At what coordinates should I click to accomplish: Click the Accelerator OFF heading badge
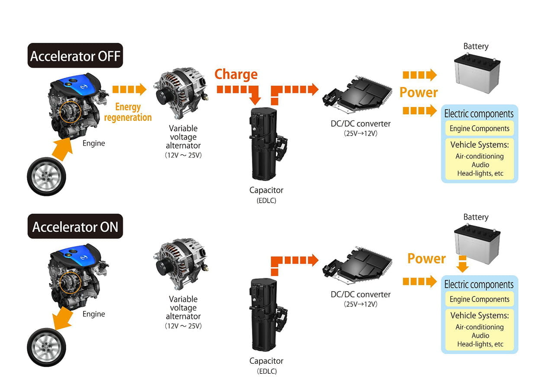[75, 56]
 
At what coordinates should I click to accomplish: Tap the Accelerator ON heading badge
[75, 226]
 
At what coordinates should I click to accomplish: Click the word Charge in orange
[236, 74]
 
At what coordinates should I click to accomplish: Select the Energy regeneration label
[128, 112]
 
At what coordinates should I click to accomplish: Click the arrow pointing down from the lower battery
[463, 264]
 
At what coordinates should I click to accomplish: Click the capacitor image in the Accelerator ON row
[265, 315]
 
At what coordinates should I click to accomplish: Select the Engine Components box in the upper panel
[479, 128]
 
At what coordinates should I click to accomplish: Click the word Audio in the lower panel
[480, 335]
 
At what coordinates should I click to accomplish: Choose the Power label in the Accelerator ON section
[426, 258]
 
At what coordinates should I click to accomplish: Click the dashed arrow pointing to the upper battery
[419, 75]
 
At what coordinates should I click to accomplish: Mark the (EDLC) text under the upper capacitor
[266, 200]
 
